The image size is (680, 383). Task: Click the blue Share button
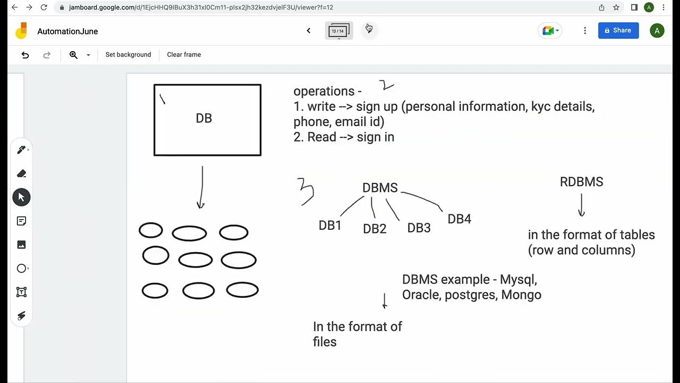point(618,31)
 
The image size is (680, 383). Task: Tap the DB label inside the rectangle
point(204,118)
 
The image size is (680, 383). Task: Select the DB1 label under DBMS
point(330,226)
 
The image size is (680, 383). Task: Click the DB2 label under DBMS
point(375,229)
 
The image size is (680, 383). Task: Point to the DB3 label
point(419,228)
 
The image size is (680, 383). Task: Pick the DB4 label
point(459,219)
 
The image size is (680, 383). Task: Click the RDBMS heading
point(581,182)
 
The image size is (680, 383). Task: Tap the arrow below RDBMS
point(581,205)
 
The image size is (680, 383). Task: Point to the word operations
point(324,91)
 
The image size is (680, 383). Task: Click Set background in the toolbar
point(128,55)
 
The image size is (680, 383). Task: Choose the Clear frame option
point(184,55)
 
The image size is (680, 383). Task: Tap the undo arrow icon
point(25,55)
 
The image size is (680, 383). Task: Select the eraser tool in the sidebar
point(22,173)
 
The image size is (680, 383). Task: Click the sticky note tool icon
point(22,221)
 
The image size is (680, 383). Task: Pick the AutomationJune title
point(67,31)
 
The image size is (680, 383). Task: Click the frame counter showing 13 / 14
point(338,31)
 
